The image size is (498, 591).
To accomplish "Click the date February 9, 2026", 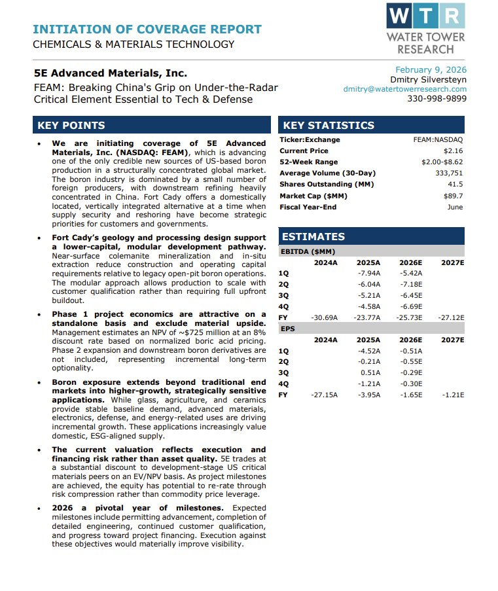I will pos(431,70).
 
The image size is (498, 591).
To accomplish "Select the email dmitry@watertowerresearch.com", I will pos(405,89).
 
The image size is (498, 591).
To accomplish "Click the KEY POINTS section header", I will pos(71,126).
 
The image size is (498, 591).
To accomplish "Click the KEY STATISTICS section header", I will pos(329,126).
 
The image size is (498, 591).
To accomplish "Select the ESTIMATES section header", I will pos(313,237).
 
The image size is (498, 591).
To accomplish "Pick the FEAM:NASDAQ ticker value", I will pos(438,140).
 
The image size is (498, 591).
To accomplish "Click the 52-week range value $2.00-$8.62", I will pos(442,162).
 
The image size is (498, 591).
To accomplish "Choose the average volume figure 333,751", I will pos(449,173).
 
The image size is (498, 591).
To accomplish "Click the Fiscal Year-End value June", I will pos(455,207).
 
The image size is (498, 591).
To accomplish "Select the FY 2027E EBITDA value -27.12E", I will pos(452,317).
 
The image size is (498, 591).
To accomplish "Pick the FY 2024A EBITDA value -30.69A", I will pos(325,317).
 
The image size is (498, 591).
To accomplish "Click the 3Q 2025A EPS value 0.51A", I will pos(370,373).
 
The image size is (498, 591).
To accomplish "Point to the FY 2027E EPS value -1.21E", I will pos(452,395).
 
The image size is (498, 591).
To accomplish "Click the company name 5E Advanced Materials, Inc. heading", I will pos(110,73).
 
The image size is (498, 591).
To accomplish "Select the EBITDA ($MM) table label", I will pos(308,251).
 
